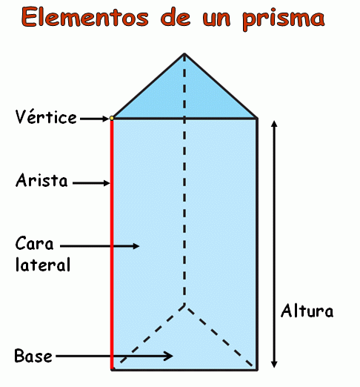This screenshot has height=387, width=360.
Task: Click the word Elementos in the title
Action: tap(85, 17)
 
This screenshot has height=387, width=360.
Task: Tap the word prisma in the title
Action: tap(284, 19)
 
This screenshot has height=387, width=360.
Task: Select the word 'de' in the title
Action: tap(176, 17)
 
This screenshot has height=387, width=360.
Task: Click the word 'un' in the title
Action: tap(216, 19)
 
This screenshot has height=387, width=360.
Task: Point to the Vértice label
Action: tap(46, 117)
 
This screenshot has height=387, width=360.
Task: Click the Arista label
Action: tap(41, 180)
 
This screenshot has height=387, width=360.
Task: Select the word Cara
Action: tap(34, 243)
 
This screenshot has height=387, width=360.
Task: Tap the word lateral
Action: tap(43, 265)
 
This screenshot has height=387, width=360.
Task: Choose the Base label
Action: tap(33, 356)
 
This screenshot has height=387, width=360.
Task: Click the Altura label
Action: tap(307, 311)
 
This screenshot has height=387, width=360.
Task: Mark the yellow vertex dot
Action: tap(112, 119)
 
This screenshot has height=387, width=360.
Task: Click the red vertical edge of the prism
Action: tap(112, 245)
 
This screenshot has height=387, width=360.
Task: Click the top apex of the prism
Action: tap(184, 53)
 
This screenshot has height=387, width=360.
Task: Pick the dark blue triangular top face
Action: tap(184, 96)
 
